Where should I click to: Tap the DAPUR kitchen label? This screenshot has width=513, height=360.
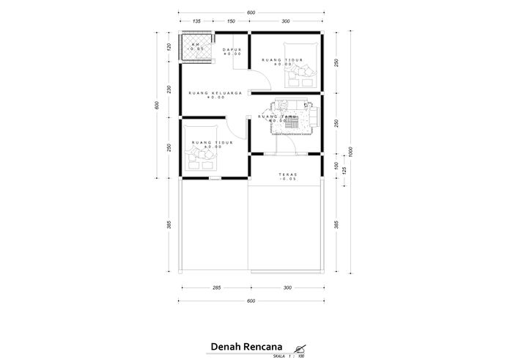(x=232, y=50)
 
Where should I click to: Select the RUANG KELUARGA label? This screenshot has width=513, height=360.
(x=215, y=93)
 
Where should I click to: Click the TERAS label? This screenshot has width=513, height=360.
(x=287, y=175)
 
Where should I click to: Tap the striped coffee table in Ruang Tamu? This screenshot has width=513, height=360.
(x=291, y=128)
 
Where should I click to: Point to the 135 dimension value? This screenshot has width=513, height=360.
(x=196, y=21)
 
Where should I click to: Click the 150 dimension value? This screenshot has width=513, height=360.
(x=231, y=21)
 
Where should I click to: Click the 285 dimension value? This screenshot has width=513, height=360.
(x=216, y=288)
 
